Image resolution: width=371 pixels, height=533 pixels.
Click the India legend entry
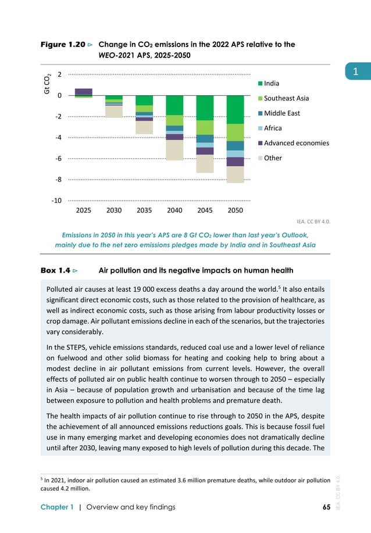pos(272,84)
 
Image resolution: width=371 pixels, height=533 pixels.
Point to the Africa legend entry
pos(273,128)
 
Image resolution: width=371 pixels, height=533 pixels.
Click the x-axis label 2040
pos(174,210)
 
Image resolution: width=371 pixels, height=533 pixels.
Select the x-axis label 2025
pos(84,210)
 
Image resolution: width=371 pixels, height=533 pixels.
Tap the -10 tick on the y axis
pos(56,201)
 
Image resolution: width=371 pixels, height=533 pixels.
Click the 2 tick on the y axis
pos(60,74)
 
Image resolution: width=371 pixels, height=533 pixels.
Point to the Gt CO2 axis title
pos(48,84)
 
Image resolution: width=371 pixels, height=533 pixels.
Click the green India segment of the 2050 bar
pos(235,109)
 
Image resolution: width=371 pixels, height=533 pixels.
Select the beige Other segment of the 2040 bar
pos(174,150)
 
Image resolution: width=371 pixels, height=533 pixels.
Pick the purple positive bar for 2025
pos(84,92)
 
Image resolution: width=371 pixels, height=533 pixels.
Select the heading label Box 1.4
pos(56,270)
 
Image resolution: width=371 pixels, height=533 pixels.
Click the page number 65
pos(326,507)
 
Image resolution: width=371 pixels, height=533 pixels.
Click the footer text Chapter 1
pos(57,507)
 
